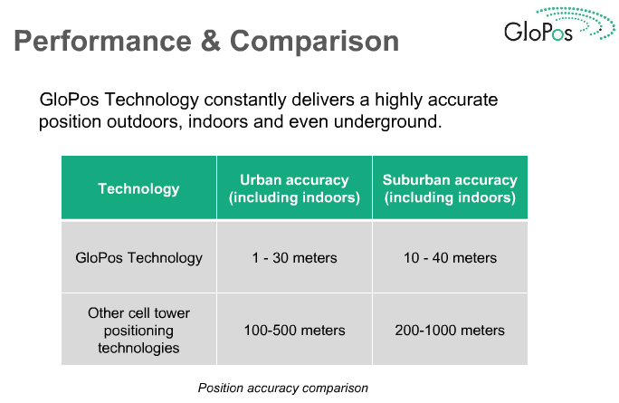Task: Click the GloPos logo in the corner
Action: click(559, 24)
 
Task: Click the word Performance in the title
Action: click(102, 42)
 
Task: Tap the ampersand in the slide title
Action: click(211, 41)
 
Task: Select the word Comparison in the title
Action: click(315, 41)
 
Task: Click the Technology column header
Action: click(138, 188)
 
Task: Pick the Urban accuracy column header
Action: click(294, 188)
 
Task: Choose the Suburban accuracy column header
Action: click(450, 188)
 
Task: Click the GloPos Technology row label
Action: click(139, 258)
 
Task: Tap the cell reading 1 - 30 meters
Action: click(294, 258)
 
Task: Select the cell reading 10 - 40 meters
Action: click(450, 258)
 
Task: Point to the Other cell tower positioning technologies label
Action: click(138, 331)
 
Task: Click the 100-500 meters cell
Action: click(294, 331)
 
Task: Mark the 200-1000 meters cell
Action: click(450, 331)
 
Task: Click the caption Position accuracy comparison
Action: click(283, 388)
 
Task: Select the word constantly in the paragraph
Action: click(244, 100)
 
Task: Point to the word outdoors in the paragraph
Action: click(145, 121)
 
